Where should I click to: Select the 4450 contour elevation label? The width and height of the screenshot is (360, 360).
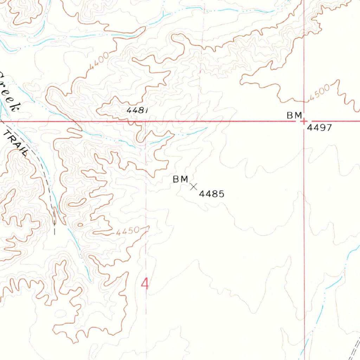(x=127, y=232)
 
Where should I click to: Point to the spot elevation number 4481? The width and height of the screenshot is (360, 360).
(x=137, y=110)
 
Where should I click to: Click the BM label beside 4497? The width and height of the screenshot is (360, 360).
(x=294, y=115)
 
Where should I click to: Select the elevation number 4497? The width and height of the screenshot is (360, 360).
(x=319, y=128)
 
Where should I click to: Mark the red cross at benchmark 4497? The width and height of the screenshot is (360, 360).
(x=303, y=122)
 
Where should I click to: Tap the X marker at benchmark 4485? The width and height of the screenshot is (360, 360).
(x=193, y=187)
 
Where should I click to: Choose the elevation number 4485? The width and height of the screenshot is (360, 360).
(x=212, y=194)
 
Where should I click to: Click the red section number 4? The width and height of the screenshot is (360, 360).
(x=144, y=284)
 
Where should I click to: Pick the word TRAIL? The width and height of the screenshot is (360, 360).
(x=16, y=142)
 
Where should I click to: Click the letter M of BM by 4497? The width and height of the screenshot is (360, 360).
(x=298, y=115)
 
